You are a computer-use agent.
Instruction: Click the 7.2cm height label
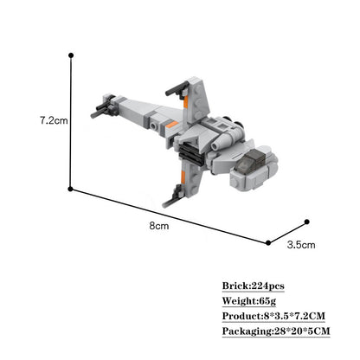tap(54, 120)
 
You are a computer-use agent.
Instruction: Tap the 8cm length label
tap(159, 226)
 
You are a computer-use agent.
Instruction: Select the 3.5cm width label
tap(301, 245)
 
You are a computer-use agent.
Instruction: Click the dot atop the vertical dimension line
tap(71, 55)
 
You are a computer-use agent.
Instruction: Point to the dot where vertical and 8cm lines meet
tap(70, 189)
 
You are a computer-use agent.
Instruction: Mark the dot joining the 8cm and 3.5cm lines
tap(268, 243)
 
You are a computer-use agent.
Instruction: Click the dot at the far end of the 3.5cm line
tap(307, 222)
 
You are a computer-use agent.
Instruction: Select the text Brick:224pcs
tap(254, 286)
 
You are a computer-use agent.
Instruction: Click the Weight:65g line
tap(249, 301)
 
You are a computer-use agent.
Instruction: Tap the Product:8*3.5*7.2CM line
tap(273, 316)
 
